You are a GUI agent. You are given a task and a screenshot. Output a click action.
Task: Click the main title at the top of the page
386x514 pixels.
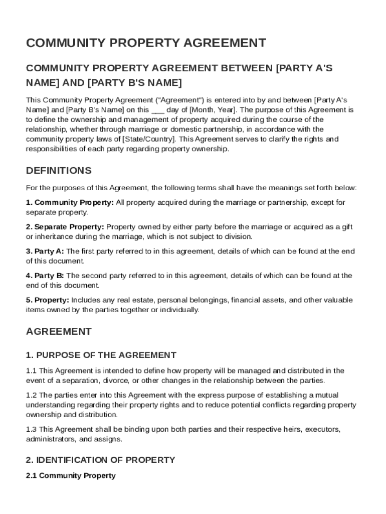pyautogui.click(x=146, y=43)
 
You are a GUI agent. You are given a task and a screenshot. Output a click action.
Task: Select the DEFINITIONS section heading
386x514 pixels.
pyautogui.click(x=59, y=171)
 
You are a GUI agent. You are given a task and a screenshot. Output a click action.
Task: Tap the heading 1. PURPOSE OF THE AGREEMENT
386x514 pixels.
pyautogui.click(x=101, y=355)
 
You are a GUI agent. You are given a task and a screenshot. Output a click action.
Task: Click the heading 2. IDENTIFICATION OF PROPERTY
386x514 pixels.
pyautogui.click(x=100, y=460)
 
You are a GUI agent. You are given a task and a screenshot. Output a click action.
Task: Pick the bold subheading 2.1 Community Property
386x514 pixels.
pyautogui.click(x=71, y=475)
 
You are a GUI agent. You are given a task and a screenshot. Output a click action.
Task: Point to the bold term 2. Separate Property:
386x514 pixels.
pyautogui.click(x=65, y=227)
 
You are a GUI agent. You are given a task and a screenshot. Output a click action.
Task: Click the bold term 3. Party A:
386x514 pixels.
pyautogui.click(x=45, y=251)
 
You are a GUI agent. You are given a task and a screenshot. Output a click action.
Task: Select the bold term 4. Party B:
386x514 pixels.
pyautogui.click(x=45, y=276)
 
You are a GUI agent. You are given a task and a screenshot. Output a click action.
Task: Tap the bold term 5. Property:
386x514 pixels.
pyautogui.click(x=48, y=300)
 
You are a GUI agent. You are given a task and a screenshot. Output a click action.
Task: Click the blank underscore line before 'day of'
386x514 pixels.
pyautogui.click(x=157, y=109)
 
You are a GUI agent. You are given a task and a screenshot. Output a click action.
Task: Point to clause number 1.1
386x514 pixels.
pyautogui.click(x=32, y=371)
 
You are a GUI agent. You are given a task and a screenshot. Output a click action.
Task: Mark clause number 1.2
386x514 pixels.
pyautogui.click(x=32, y=395)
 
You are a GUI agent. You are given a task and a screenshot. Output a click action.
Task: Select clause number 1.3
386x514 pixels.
pyautogui.click(x=32, y=429)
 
